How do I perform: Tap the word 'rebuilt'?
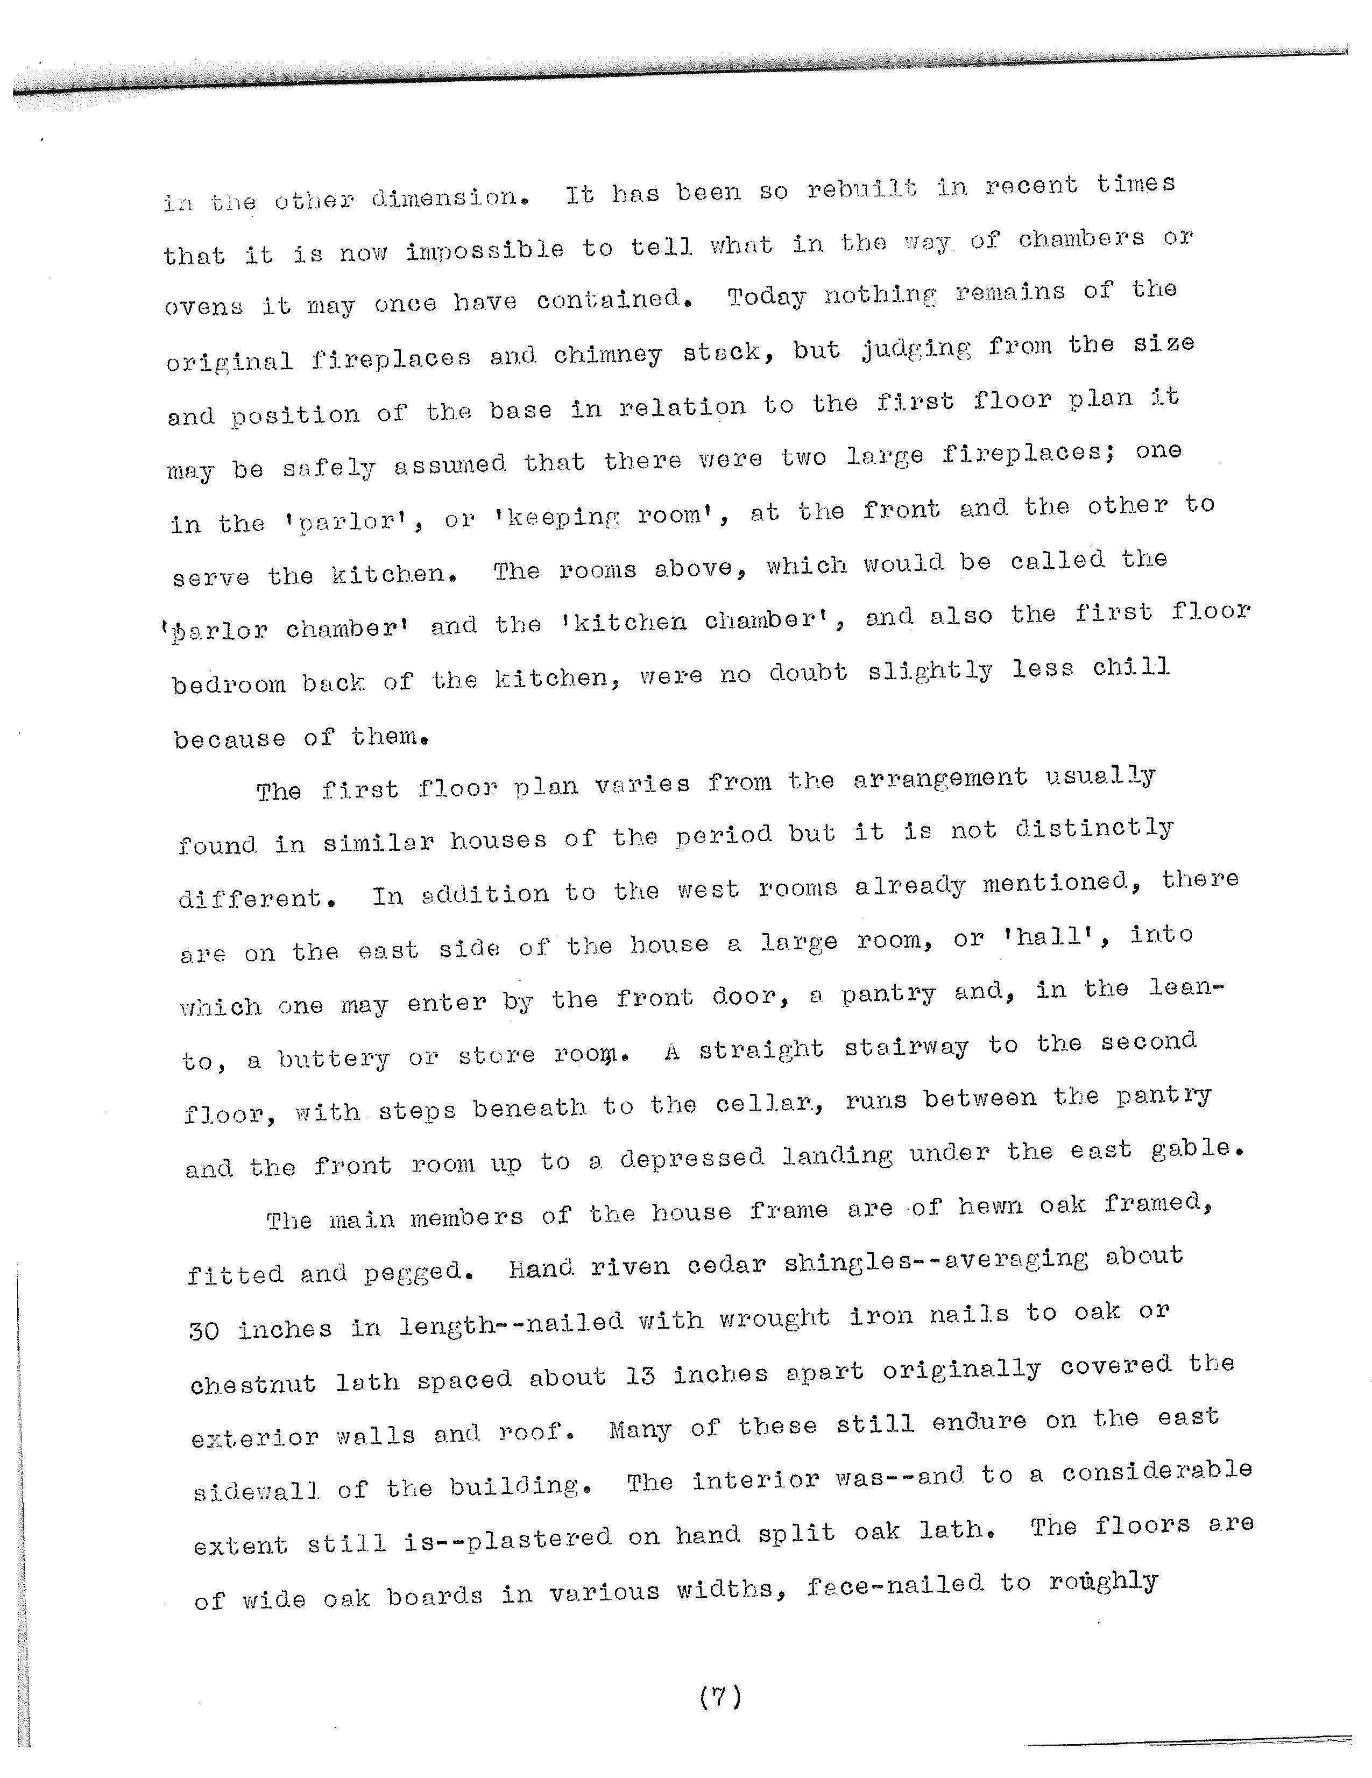click(862, 189)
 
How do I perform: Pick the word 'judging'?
click(916, 349)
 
